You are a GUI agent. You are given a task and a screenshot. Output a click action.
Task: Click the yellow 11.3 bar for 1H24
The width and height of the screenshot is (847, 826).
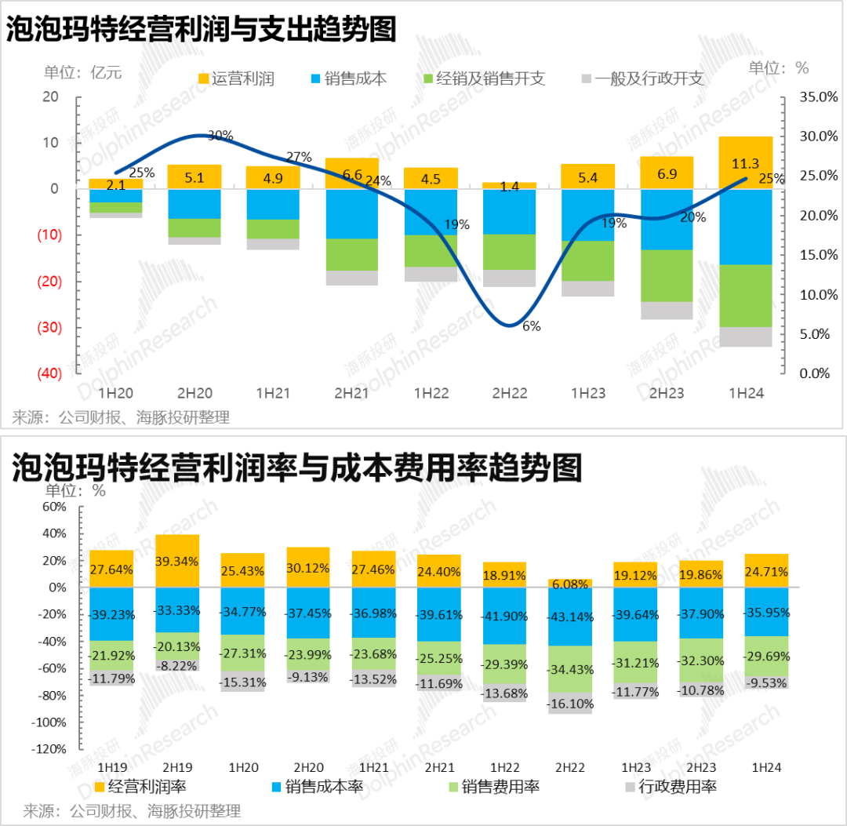pos(746,162)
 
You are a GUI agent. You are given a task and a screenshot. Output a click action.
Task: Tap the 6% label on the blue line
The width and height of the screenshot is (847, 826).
pos(531,326)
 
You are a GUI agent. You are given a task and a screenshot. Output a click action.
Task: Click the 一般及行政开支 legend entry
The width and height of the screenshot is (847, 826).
pos(642,78)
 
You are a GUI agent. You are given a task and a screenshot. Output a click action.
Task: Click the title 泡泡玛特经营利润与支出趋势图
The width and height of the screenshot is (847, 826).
pos(202,30)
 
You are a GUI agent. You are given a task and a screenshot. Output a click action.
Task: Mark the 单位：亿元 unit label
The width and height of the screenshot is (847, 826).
pos(83,72)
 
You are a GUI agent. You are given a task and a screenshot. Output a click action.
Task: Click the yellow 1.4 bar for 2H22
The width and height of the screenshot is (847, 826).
pos(509,186)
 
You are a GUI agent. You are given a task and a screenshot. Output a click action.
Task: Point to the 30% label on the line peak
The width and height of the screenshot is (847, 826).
pos(220,135)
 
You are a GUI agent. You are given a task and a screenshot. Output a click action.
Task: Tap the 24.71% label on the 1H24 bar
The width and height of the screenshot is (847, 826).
pos(767,571)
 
